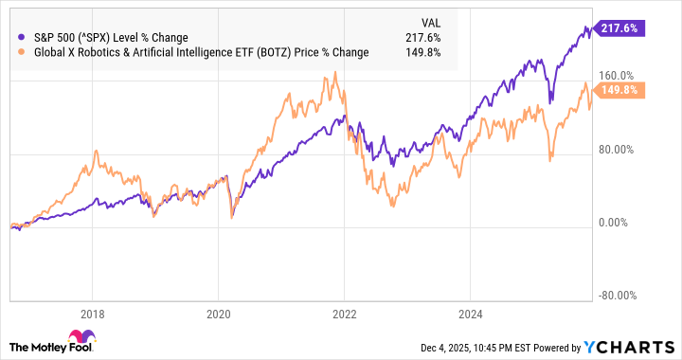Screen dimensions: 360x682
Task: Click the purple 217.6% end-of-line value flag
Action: pyautogui.click(x=622, y=29)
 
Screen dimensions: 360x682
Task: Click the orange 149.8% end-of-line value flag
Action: pyautogui.click(x=622, y=91)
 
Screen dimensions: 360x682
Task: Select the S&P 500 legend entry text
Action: pyautogui.click(x=110, y=38)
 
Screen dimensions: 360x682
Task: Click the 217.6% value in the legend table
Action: pyautogui.click(x=429, y=38)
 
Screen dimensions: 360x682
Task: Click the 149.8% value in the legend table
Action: pyautogui.click(x=429, y=52)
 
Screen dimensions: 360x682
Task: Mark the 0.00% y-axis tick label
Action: pyautogui.click(x=622, y=223)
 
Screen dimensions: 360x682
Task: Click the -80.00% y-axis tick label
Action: pyautogui.click(x=619, y=295)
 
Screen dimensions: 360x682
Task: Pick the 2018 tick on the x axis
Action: pyautogui.click(x=92, y=314)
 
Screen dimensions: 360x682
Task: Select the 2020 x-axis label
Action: pyautogui.click(x=218, y=314)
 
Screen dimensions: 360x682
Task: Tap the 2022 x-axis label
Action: pyautogui.click(x=344, y=314)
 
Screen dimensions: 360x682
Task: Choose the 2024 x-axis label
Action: pyautogui.click(x=470, y=314)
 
